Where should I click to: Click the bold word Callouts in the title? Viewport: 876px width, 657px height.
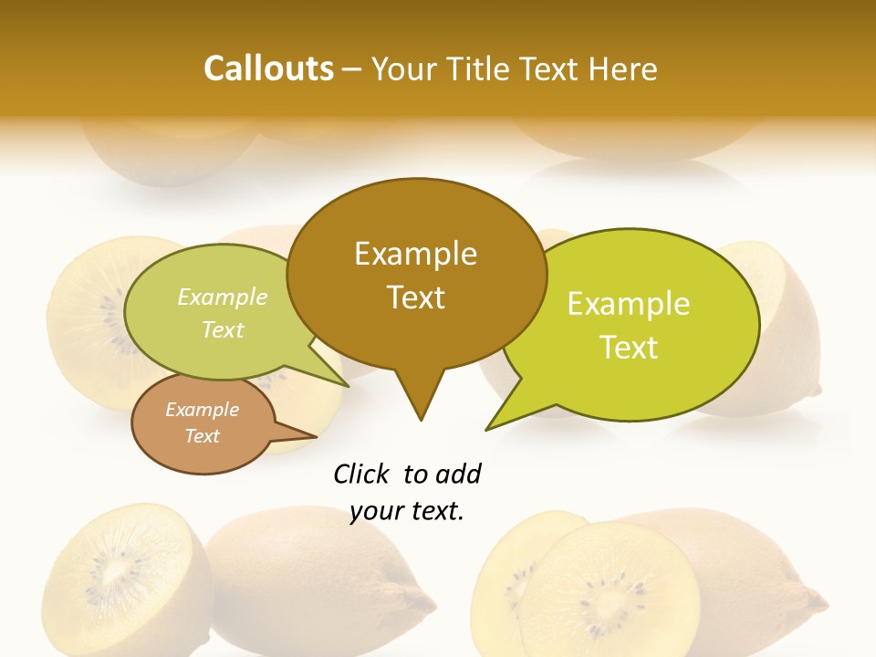point(268,68)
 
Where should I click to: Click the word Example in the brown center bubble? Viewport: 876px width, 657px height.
point(415,254)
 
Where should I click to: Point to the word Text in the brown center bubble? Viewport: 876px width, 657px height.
point(415,297)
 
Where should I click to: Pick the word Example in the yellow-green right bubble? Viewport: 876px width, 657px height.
point(629,304)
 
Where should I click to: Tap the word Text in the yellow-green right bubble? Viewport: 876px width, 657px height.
point(630,347)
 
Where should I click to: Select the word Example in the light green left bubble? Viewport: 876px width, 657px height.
point(223,297)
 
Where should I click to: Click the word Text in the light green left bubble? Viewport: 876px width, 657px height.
point(223,329)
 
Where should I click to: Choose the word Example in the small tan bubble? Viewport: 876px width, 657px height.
point(202,410)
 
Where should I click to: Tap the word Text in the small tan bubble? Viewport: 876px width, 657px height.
point(202,436)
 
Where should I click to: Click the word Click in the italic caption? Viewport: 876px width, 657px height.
point(362,474)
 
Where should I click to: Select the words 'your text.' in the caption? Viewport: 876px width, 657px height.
point(407,512)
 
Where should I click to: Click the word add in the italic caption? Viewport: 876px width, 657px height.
point(458,474)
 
